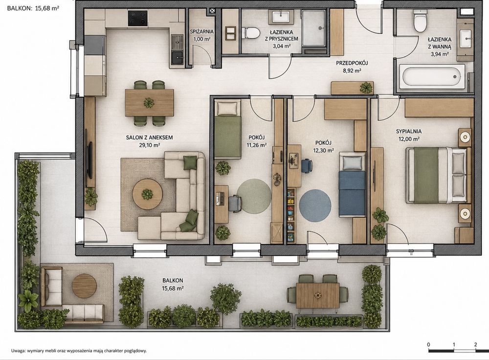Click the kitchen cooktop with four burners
pyautogui.click(x=137, y=18)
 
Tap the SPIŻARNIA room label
pyautogui.click(x=202, y=31)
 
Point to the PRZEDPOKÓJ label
pyautogui.click(x=352, y=63)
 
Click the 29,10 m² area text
pyautogui.click(x=149, y=145)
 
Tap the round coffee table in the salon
pyautogui.click(x=147, y=194)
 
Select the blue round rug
pyautogui.click(x=315, y=205)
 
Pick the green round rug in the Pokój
pyautogui.click(x=254, y=196)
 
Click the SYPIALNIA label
pyautogui.click(x=408, y=132)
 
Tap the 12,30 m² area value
pyautogui.click(x=323, y=150)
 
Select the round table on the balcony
pyautogui.click(x=84, y=286)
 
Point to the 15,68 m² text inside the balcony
pyautogui.click(x=173, y=289)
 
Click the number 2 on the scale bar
pyautogui.click(x=476, y=344)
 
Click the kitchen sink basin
pyautogui.click(x=178, y=56)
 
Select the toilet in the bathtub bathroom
pyautogui.click(x=420, y=21)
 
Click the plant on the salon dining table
pyautogui.click(x=149, y=103)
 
